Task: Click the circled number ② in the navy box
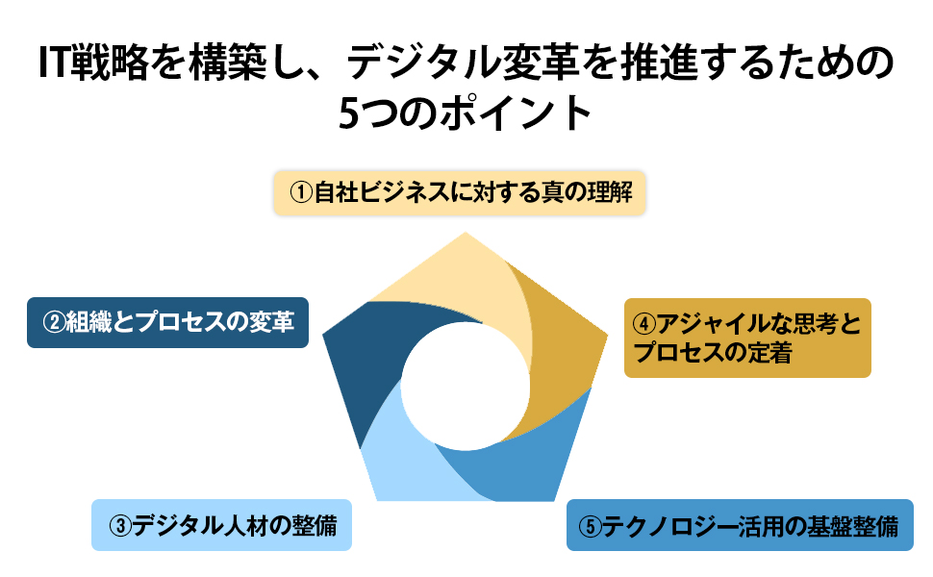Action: [51, 322]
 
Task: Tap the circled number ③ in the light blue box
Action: [119, 525]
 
